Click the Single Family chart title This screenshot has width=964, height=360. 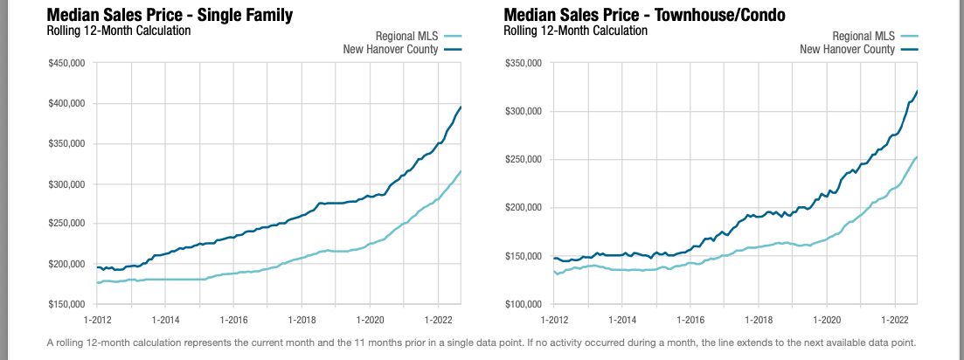[169, 15]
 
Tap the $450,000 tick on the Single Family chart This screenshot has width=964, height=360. [66, 63]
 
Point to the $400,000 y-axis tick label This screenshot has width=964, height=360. [66, 103]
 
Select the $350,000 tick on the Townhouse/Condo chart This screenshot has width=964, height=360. [524, 63]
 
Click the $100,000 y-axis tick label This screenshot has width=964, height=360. [524, 304]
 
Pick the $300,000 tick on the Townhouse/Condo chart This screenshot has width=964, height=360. [524, 111]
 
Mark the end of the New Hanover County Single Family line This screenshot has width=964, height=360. [461, 107]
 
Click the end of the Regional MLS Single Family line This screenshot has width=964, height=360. [461, 172]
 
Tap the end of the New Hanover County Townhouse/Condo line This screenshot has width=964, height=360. [917, 91]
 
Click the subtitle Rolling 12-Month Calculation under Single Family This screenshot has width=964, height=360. [117, 31]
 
